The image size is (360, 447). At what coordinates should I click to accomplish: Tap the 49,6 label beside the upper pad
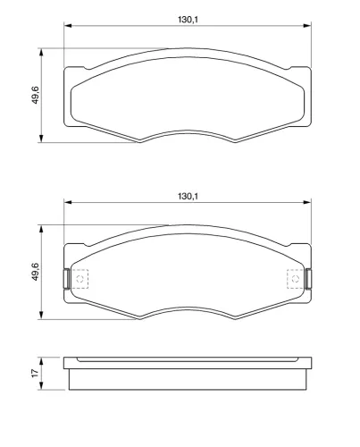pyautogui.click(x=33, y=95)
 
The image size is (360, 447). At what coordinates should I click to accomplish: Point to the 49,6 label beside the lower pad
pyautogui.click(x=33, y=272)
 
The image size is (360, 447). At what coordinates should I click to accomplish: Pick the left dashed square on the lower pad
pyautogui.click(x=80, y=279)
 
